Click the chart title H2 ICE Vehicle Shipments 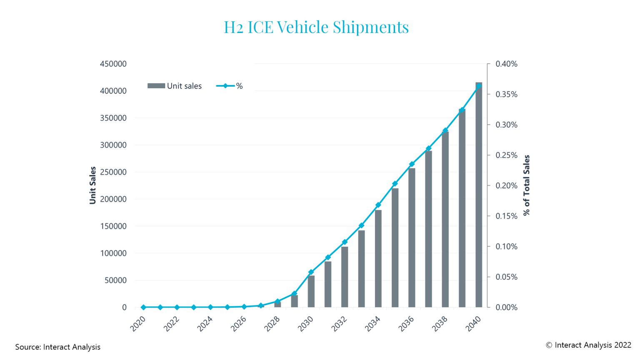pos(316,27)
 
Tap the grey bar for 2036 pos(412,237)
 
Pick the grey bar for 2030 pos(311,291)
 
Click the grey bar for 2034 pos(378,258)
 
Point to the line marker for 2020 pos(143,307)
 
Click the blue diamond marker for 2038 pos(445,130)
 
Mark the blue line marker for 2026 pos(244,307)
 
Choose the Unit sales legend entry pos(175,86)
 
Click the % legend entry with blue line pos(229,86)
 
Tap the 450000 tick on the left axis pos(113,64)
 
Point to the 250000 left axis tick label pos(113,172)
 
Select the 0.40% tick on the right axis pos(506,64)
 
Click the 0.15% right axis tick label pos(506,216)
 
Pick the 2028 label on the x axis pos(272,324)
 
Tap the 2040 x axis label pos(473,324)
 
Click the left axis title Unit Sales pos(92,185)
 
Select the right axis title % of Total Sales pos(527,185)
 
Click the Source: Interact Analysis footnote pos(58,347)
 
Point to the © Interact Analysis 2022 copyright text pos(588,345)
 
